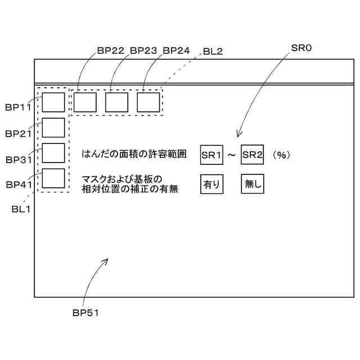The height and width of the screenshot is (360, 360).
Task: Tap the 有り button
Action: pos(211,184)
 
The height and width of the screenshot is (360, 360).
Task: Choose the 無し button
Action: pos(252,184)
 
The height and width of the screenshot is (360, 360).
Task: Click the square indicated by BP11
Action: pos(53,102)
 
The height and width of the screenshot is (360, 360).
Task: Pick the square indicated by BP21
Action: pos(53,128)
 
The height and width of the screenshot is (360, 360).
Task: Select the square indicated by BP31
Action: pos(53,153)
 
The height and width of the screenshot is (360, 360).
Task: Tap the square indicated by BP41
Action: pos(53,178)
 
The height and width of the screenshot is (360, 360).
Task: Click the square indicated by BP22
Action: pos(85,102)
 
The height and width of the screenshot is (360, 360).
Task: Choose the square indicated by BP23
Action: pos(117,102)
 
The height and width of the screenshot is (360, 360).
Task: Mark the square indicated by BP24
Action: pos(148,102)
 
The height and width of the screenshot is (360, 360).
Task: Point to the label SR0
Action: pos(301,49)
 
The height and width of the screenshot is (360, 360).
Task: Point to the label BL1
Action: pos(21,209)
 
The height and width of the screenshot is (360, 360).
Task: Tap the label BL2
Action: pos(212,51)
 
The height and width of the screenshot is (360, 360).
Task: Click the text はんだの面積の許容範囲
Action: pos(134,154)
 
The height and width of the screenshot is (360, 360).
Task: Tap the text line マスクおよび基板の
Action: pos(121,179)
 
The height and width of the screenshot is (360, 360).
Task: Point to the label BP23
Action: pos(143,51)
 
